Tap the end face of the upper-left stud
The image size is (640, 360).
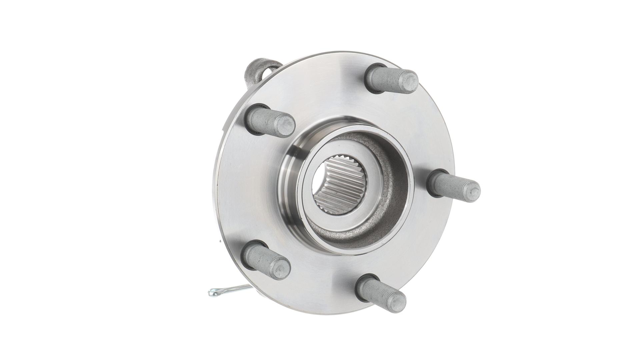point(286,123)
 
